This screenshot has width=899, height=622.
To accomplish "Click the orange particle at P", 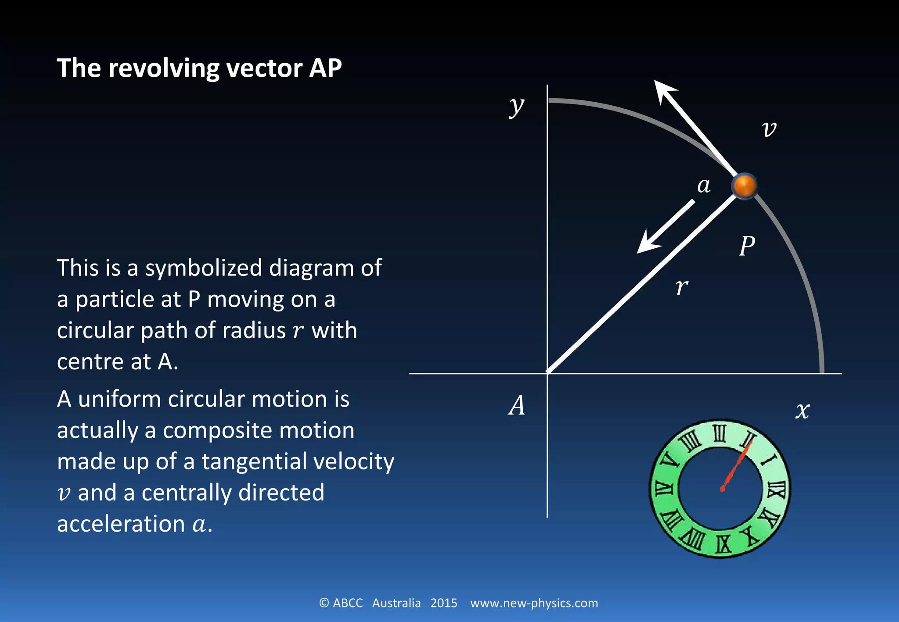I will point(744,186).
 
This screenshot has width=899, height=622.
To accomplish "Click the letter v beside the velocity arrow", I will point(769,129).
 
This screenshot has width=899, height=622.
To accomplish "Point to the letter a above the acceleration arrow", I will point(704,185).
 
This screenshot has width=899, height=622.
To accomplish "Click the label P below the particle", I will point(747,246).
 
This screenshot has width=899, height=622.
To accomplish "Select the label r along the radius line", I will point(682,287).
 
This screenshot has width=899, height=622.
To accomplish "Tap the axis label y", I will point(517,106).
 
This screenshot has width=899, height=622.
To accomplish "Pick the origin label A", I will point(517,405).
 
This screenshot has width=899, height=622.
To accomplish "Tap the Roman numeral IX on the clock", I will point(723,543).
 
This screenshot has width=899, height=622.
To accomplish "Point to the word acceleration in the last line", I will point(121,524).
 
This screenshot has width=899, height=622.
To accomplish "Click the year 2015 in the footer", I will point(443,603).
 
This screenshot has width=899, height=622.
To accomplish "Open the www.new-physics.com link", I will point(534,603).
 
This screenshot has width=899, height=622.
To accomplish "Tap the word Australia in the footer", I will point(396,603).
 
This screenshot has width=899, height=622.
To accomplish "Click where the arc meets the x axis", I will point(822,372).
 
